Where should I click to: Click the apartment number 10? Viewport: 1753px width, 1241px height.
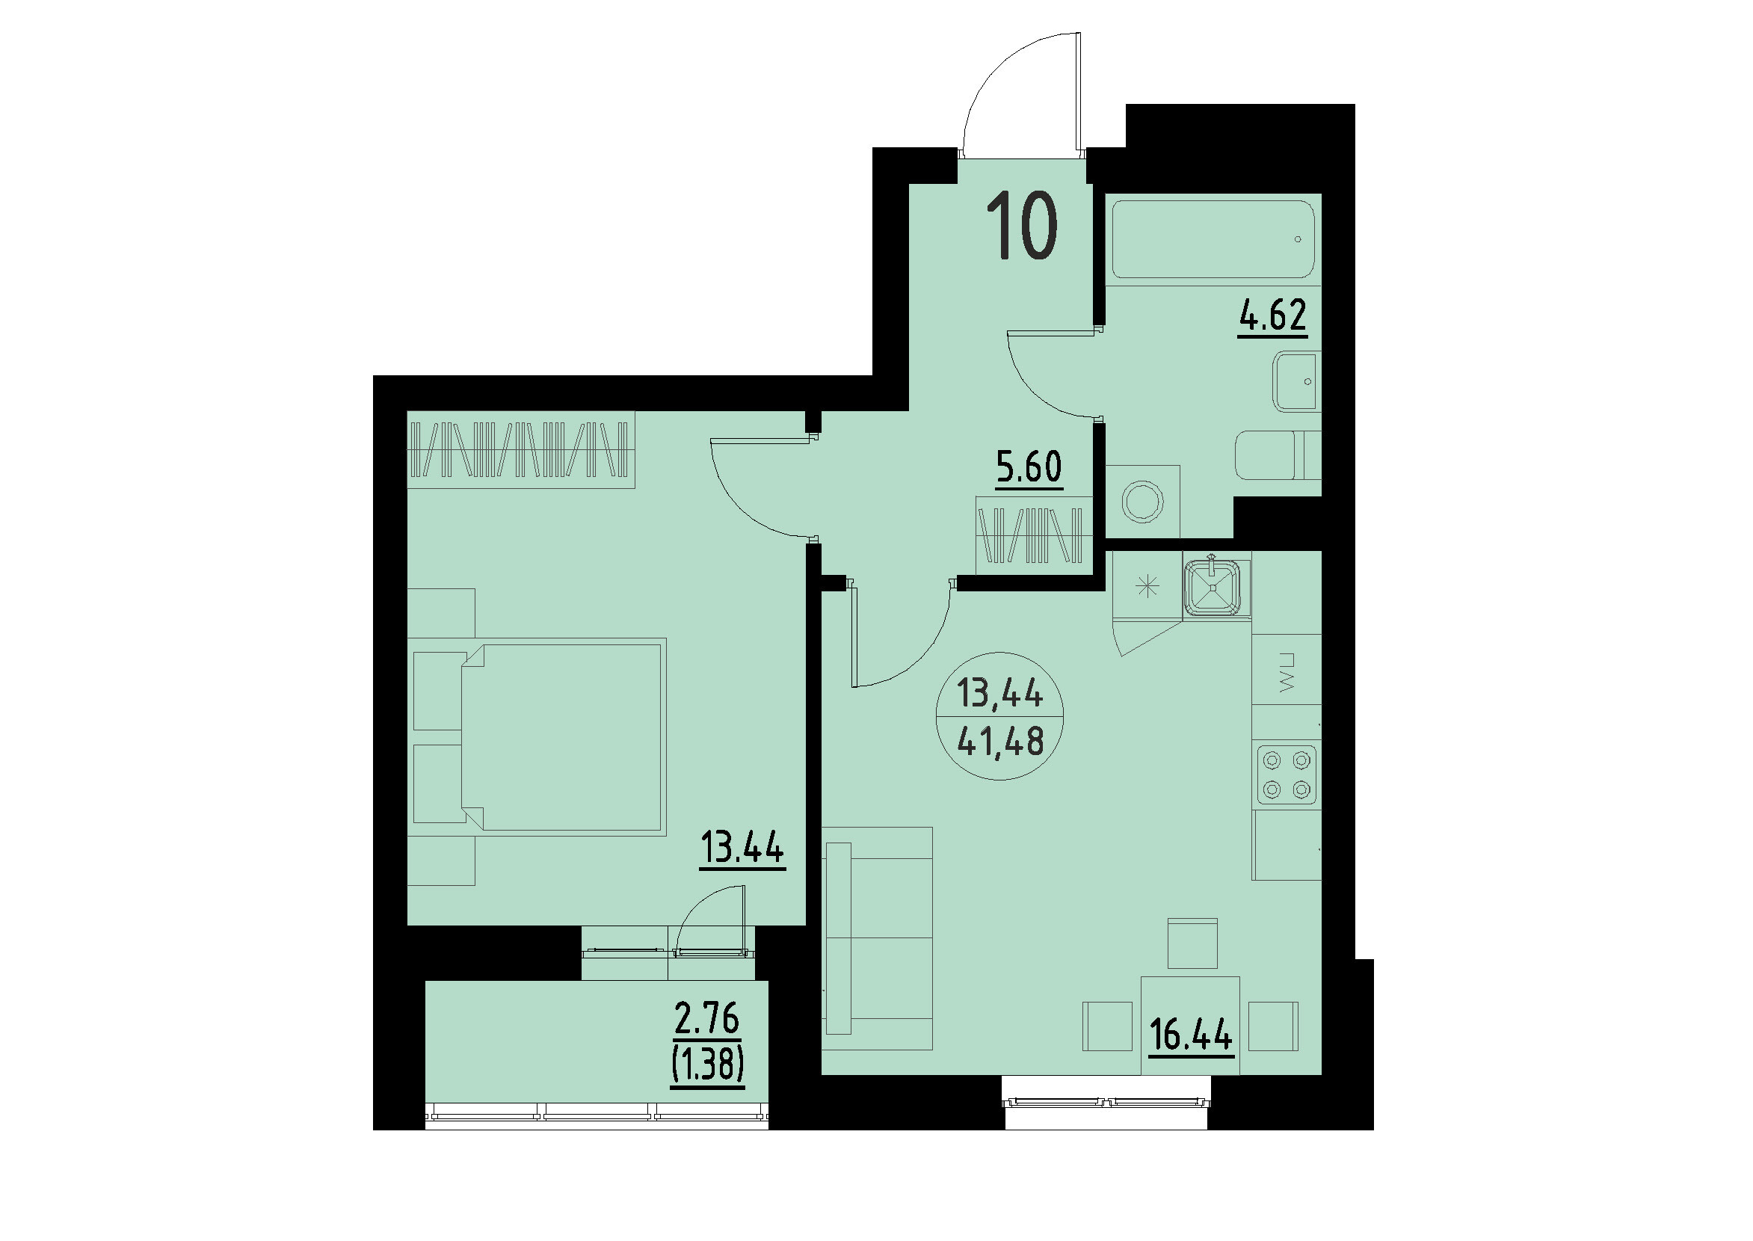[1022, 227]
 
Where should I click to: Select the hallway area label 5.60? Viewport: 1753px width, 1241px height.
[1029, 467]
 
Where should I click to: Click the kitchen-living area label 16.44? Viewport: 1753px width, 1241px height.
[1192, 1037]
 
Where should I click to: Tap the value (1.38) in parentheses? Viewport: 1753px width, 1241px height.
[708, 1064]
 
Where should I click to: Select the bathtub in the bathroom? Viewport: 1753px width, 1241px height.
[1213, 239]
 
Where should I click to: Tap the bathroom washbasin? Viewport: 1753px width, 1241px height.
[1296, 381]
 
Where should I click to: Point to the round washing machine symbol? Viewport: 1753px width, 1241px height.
[1142, 502]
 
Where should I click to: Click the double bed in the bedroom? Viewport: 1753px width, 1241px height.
[563, 737]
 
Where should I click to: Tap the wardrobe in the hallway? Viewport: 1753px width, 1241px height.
[1034, 535]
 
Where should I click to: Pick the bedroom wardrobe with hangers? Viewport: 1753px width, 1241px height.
[520, 449]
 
